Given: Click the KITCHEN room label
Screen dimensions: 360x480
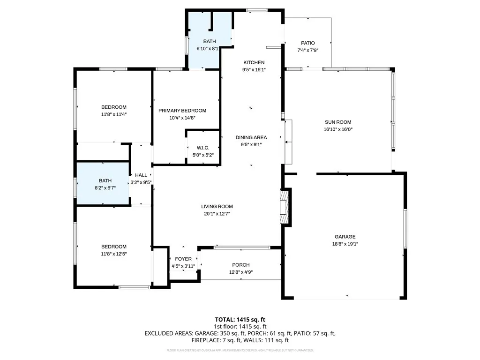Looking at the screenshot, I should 254,62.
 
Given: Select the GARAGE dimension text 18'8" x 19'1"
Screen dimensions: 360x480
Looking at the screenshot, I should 345,244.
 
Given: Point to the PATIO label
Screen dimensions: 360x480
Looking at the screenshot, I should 308,43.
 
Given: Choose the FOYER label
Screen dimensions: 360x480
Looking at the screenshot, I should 183,259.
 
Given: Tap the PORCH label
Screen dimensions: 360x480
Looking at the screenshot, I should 241,265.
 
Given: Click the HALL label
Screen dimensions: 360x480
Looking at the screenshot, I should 141,175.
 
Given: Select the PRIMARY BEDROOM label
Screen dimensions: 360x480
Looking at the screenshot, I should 182,111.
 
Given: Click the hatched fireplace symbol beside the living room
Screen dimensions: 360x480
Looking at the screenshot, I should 284,206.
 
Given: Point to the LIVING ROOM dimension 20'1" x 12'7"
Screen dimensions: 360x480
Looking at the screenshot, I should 217,214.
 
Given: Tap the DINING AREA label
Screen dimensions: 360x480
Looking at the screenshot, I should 251,137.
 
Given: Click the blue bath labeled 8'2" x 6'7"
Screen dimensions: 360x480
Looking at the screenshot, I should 103,184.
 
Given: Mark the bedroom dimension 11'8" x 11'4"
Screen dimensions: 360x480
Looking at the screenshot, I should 114,114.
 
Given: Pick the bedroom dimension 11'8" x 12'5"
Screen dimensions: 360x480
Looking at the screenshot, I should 114,254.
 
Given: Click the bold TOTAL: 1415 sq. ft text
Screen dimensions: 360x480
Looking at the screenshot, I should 240,319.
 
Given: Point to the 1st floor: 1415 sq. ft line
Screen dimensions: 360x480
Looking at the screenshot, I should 240,326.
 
